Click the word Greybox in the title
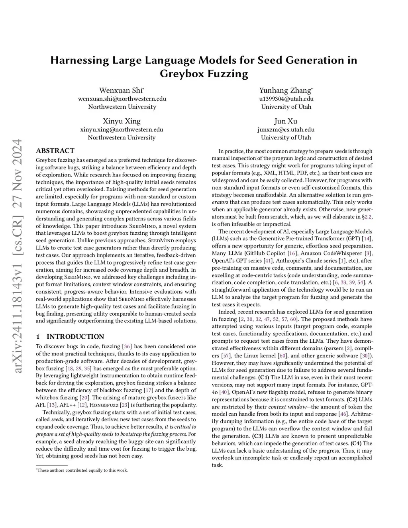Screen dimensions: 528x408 pos(181,74)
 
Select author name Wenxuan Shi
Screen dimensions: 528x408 pos(122,90)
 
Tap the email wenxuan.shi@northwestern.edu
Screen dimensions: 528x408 pos(122,99)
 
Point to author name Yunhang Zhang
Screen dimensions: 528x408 pos(286,90)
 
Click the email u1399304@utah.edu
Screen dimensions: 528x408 pos(286,99)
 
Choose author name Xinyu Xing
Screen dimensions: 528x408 pos(122,121)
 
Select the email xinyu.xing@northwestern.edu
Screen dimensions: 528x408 pos(122,130)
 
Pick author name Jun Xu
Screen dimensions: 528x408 pos(286,121)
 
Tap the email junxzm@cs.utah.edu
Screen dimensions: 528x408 pos(286,130)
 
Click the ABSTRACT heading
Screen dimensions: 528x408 pos(55,151)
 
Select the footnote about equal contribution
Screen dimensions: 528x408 pos(82,470)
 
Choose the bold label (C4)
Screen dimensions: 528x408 pos(356,443)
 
